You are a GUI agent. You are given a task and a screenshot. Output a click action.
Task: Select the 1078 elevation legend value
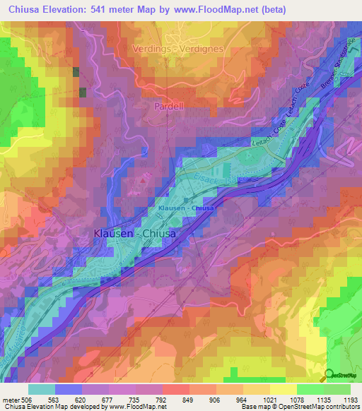[x=298, y=400]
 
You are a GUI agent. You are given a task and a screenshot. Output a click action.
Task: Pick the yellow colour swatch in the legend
[x=283, y=389]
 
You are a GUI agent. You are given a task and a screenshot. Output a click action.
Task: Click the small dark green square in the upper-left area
[x=82, y=93]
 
